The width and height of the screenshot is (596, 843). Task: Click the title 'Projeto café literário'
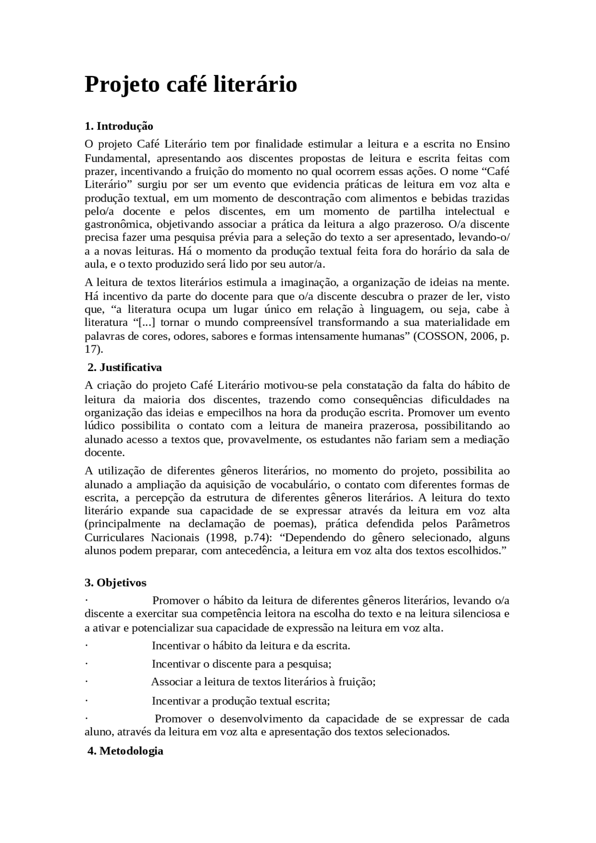[x=190, y=85]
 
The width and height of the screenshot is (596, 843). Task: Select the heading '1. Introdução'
[x=119, y=126]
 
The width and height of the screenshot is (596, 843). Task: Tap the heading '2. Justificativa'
[x=125, y=367]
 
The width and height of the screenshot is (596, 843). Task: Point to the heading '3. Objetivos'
[x=115, y=583]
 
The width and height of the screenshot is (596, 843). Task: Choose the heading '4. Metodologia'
[x=125, y=751]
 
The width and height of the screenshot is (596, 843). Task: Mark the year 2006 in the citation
[x=483, y=336]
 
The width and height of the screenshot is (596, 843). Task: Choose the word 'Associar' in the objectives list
[x=172, y=682]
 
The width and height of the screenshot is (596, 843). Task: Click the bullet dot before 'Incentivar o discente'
[x=87, y=664]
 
